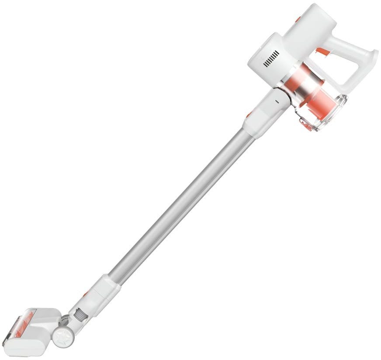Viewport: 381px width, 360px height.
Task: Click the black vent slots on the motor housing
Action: click(271, 59)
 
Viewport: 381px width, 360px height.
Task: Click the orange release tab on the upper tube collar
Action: click(249, 114)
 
